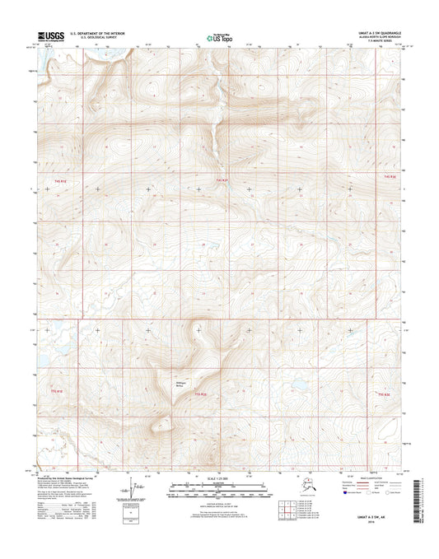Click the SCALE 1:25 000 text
point(219,478)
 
